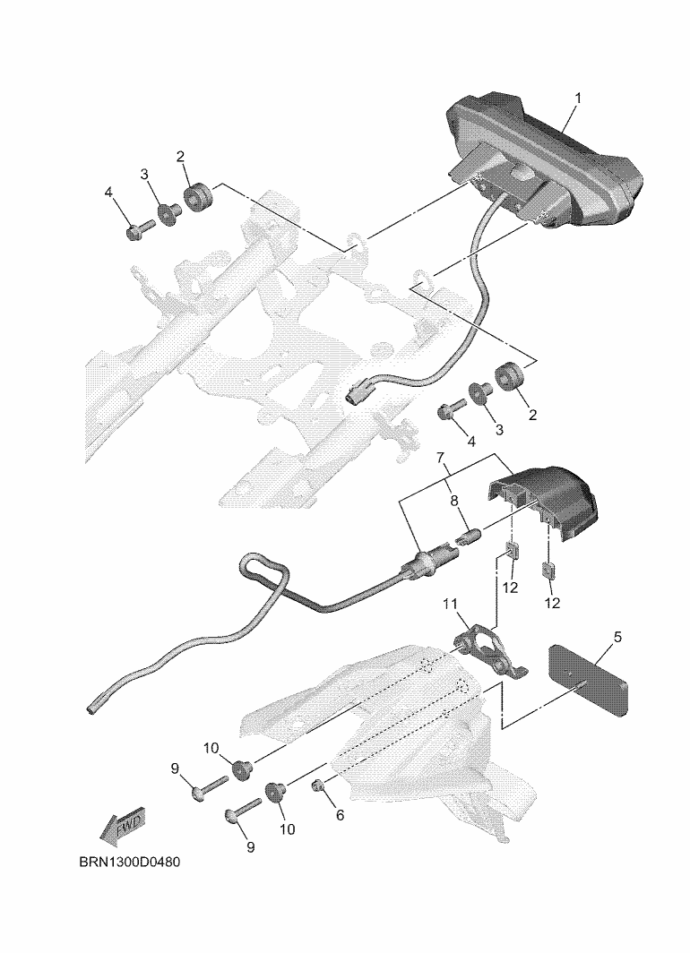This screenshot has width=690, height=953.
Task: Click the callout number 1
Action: coord(578,98)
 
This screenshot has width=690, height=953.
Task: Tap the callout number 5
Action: coord(617,637)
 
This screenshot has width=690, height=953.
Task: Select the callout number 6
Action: coord(340,816)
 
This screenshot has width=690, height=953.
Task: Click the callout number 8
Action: coord(454,501)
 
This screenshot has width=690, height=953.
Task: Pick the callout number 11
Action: coord(450,604)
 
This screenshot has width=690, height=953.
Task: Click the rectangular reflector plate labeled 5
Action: coord(589,679)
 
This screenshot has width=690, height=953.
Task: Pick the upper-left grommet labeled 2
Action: coord(199,199)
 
